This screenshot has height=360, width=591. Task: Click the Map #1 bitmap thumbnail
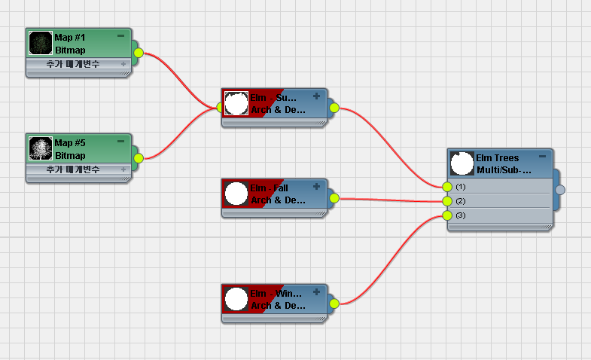(x=40, y=42)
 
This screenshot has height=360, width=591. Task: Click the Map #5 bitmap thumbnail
(x=40, y=148)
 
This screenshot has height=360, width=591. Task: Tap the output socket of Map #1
(x=138, y=53)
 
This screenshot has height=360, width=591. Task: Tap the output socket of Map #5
(x=138, y=158)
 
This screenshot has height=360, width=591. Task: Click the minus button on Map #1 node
(x=121, y=35)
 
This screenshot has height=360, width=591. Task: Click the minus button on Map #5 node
(x=121, y=141)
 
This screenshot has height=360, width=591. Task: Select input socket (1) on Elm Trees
(x=447, y=186)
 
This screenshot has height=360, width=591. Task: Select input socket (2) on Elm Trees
(x=447, y=201)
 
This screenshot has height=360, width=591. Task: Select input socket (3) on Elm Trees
(x=447, y=215)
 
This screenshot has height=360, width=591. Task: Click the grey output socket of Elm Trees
(x=560, y=190)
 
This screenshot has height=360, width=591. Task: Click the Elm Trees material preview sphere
(x=462, y=163)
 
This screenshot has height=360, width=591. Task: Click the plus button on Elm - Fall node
(x=316, y=186)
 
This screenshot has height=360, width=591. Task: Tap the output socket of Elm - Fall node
(x=334, y=199)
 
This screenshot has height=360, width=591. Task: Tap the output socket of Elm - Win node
(x=334, y=304)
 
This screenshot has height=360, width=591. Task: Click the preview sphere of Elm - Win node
(x=236, y=298)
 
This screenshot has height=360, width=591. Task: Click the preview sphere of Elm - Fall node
(x=236, y=193)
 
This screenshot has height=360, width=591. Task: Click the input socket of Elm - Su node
(x=221, y=108)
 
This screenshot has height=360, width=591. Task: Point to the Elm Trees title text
(x=497, y=158)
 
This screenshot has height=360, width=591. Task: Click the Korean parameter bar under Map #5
(x=75, y=169)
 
